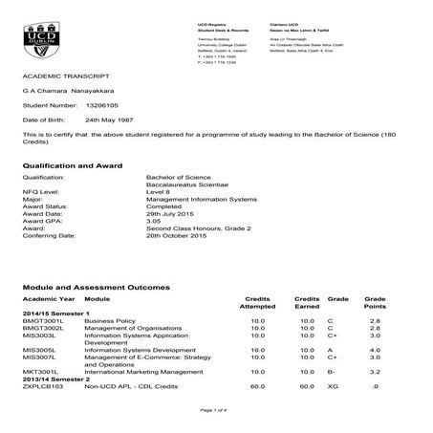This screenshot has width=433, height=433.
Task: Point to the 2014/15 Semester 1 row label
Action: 55,314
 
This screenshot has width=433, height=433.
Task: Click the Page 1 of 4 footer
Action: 216,410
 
